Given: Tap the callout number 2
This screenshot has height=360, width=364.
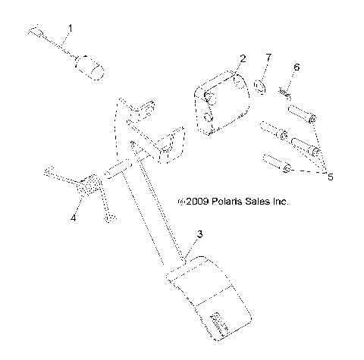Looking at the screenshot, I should click(x=243, y=58).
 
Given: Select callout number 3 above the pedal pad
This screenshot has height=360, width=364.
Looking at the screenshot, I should click(x=199, y=234).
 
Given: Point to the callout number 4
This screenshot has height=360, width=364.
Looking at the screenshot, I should click(x=73, y=218).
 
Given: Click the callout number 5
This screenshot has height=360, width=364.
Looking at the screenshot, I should click(x=330, y=177).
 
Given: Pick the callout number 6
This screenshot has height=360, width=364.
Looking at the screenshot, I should click(x=297, y=67).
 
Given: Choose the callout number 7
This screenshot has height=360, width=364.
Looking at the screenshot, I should click(x=268, y=58).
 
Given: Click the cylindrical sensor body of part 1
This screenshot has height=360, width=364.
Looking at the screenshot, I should click(x=90, y=67).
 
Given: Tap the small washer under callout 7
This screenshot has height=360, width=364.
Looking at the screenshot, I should click(x=259, y=85).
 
